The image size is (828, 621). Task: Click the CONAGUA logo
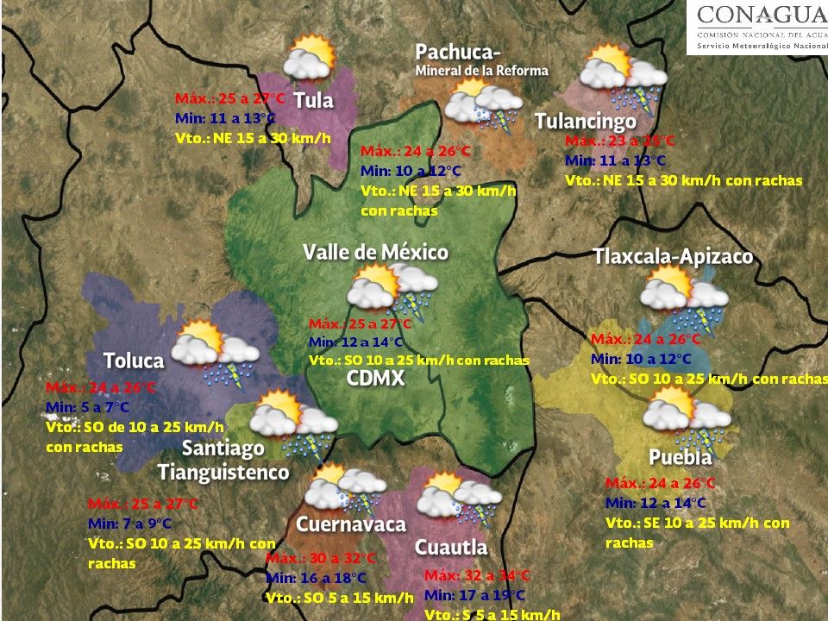click(757, 27)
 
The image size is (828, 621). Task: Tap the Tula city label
click(313, 101)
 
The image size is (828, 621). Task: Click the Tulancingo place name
click(585, 122)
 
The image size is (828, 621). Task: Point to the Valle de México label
click(375, 252)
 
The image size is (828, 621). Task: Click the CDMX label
click(375, 379)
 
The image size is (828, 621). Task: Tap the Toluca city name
click(134, 360)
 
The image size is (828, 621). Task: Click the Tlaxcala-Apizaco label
click(673, 257)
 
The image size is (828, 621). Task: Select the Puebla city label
click(681, 457)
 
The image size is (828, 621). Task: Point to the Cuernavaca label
click(350, 524)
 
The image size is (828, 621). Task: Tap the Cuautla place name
click(450, 547)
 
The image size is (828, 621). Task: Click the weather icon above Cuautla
click(458, 499)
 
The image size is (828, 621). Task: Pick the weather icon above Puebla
click(686, 415)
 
